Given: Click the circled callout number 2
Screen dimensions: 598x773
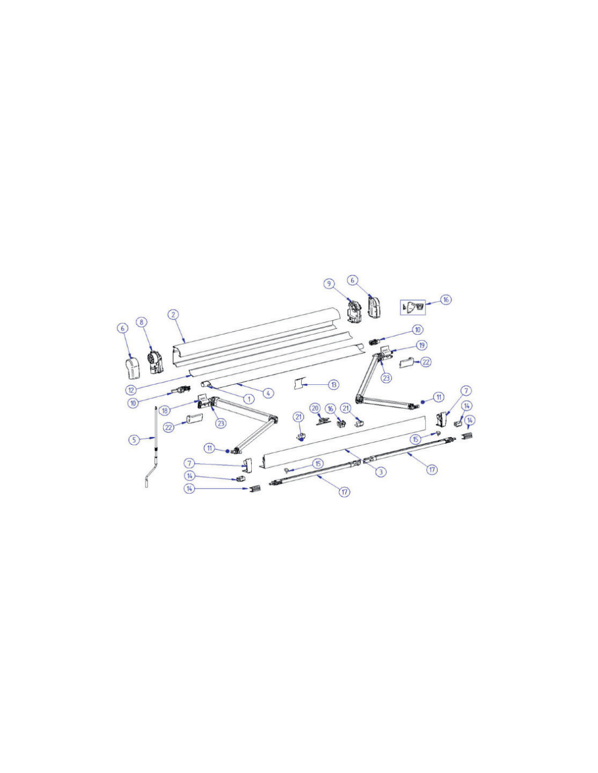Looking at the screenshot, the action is (173, 314).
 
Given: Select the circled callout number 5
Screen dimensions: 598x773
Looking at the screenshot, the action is (134, 439).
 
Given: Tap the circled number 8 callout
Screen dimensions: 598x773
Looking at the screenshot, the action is (141, 322).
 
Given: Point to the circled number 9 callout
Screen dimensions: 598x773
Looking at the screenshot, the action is (329, 283).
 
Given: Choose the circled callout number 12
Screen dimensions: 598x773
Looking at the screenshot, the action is (131, 390).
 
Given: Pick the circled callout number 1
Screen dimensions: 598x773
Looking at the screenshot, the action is (249, 398).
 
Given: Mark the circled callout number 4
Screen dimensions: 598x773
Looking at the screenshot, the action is (268, 392).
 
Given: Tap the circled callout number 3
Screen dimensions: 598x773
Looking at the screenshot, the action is (381, 472).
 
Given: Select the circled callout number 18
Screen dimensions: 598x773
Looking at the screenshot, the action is (165, 410).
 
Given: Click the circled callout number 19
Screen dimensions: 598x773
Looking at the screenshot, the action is (422, 345).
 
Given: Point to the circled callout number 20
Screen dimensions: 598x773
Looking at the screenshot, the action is (315, 408).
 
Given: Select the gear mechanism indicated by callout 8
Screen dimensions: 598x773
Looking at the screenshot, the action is (155, 363).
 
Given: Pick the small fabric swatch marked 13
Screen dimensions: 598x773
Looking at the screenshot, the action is (298, 384).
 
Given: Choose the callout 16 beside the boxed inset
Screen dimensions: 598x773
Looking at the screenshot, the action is (446, 300).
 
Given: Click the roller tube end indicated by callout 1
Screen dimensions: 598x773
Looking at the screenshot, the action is (205, 384).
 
